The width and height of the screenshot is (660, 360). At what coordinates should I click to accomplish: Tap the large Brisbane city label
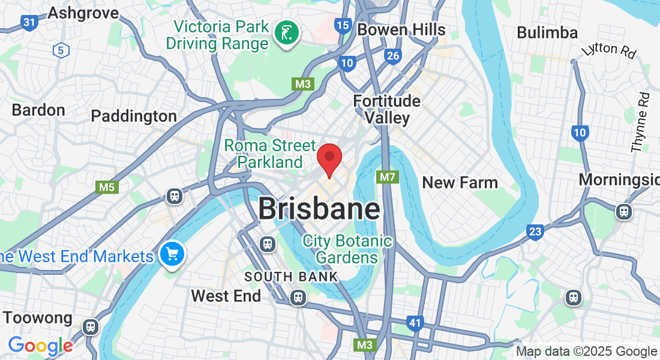pyautogui.click(x=319, y=209)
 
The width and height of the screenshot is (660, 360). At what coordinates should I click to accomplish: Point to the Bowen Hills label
pyautogui.click(x=401, y=29)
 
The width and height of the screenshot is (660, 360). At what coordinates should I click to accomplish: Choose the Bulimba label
pyautogui.click(x=547, y=32)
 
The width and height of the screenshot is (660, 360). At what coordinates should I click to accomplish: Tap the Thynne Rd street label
pyautogui.click(x=641, y=122)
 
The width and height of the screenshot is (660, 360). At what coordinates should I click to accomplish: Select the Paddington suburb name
pyautogui.click(x=134, y=116)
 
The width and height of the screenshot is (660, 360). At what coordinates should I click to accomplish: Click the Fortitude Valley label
pyautogui.click(x=387, y=109)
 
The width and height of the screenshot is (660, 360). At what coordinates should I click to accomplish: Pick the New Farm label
pyautogui.click(x=460, y=182)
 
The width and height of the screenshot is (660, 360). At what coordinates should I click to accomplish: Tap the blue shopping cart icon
pyautogui.click(x=173, y=254)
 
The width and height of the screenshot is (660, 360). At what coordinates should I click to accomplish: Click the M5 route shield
pyautogui.click(x=107, y=187)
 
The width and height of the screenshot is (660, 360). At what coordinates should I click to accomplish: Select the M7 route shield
pyautogui.click(x=388, y=177)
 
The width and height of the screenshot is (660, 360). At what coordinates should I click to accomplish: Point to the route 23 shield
pyautogui.click(x=535, y=231)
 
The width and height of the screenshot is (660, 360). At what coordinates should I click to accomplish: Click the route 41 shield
pyautogui.click(x=415, y=323)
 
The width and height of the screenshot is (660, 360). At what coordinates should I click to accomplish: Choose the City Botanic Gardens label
pyautogui.click(x=347, y=250)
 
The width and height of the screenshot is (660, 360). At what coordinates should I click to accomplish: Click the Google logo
pyautogui.click(x=40, y=346)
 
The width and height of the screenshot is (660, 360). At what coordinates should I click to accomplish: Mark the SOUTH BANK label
pyautogui.click(x=292, y=277)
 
